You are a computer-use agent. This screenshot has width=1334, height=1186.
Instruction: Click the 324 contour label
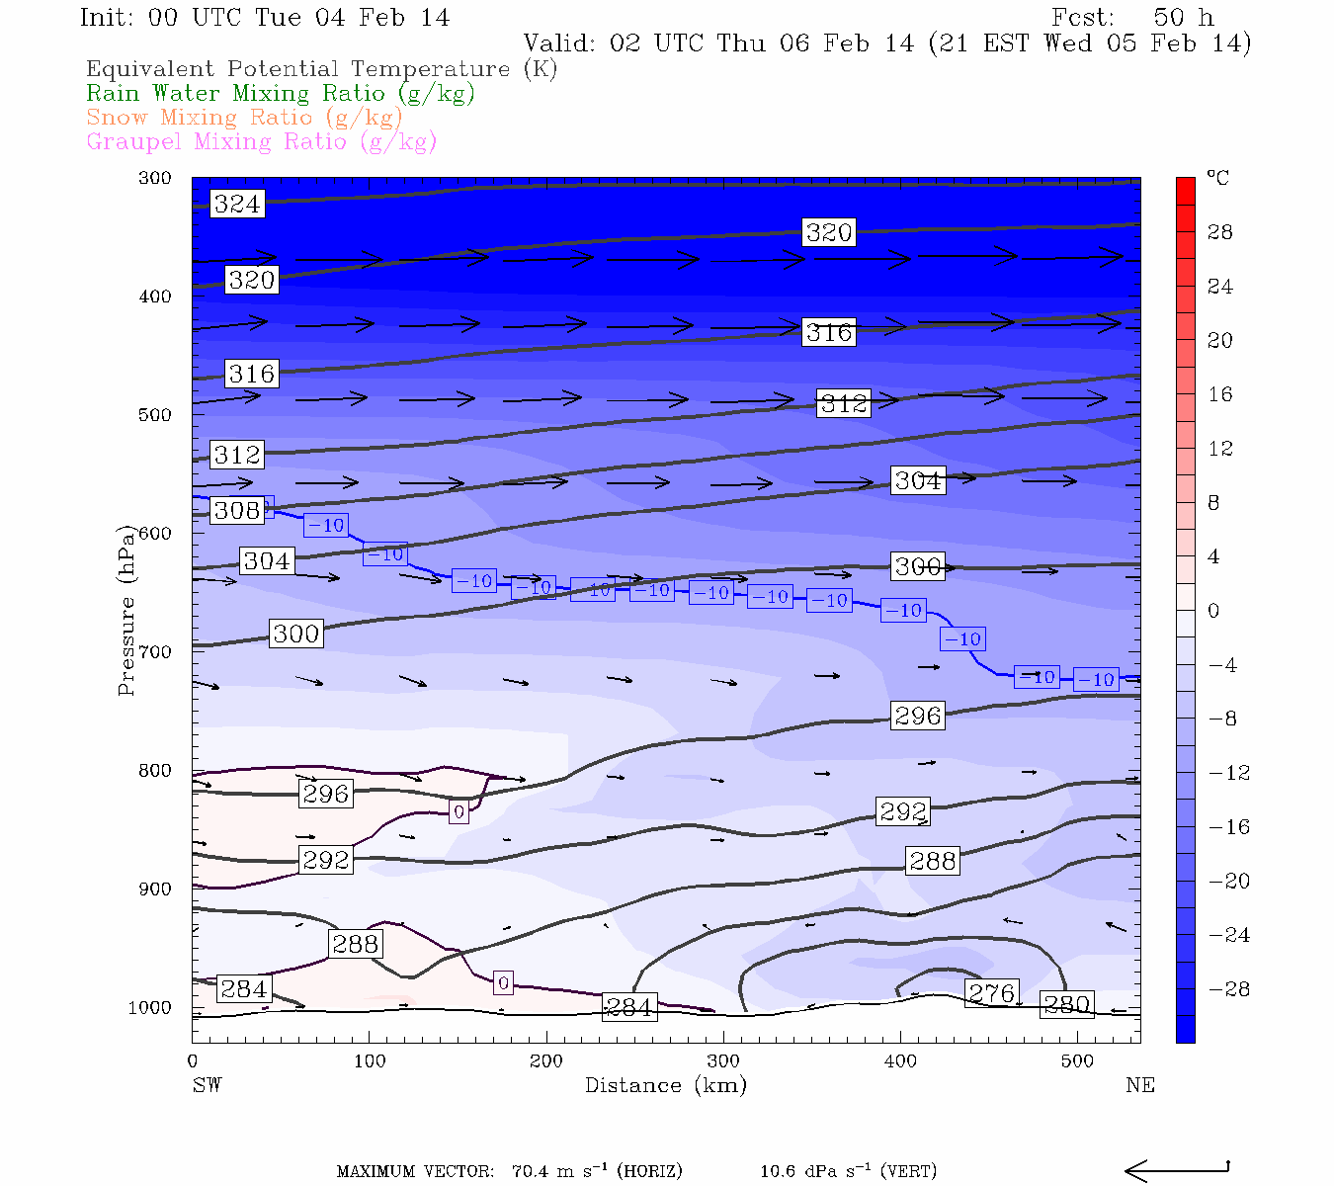(237, 204)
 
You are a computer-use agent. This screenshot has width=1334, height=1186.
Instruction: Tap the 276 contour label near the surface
(991, 993)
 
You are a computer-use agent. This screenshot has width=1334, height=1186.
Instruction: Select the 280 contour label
(1067, 1005)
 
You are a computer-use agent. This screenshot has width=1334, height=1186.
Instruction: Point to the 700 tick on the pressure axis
(155, 652)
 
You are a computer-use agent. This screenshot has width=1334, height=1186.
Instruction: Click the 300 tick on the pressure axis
(155, 178)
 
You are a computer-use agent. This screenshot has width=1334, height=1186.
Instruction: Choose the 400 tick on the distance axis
(900, 1061)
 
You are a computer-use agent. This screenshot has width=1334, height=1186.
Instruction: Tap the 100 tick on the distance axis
(370, 1061)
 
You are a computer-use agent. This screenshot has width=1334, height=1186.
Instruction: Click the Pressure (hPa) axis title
(126, 610)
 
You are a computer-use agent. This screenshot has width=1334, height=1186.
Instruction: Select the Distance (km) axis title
(665, 1085)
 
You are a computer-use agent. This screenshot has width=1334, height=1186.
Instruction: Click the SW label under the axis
(207, 1085)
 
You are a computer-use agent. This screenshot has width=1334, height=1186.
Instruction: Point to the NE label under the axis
(1139, 1085)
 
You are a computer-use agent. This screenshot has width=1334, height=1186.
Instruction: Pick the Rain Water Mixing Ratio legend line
(281, 94)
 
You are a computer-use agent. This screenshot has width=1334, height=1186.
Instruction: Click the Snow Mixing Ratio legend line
(244, 118)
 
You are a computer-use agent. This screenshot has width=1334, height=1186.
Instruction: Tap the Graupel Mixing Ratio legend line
(261, 141)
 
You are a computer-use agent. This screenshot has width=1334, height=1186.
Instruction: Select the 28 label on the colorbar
(1220, 232)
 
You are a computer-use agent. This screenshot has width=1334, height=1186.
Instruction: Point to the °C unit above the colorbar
(1217, 179)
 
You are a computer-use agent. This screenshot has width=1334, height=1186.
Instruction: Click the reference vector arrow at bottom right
(1176, 1171)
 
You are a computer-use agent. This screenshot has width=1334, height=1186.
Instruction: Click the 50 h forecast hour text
(1183, 18)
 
